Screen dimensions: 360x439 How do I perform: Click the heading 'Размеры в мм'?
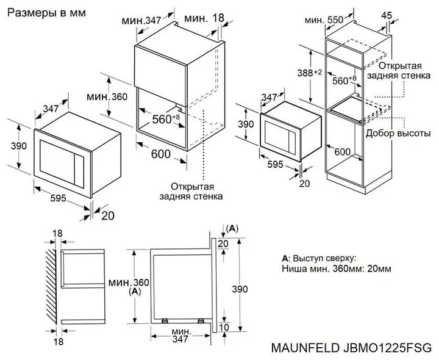click(46, 13)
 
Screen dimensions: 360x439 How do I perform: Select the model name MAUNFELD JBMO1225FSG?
click(350, 347)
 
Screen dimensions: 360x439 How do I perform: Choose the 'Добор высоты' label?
click(398, 132)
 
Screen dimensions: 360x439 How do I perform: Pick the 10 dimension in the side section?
click(223, 328)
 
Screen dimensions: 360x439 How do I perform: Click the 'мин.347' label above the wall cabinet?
click(141, 21)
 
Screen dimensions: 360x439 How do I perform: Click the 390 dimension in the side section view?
click(244, 287)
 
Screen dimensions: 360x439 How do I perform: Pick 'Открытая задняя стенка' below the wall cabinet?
click(192, 191)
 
